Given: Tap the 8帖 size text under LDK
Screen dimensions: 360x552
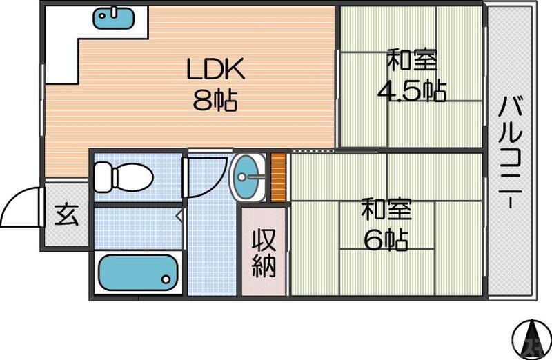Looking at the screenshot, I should point(215,101).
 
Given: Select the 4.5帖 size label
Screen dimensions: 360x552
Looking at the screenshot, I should point(410,90).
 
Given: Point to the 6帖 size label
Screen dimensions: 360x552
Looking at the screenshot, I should point(386,239).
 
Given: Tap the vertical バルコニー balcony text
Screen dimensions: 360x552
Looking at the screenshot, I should point(511,153).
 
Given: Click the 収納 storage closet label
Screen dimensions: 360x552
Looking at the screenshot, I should point(263,252).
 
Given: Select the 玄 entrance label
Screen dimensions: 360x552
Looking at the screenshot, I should point(66,215).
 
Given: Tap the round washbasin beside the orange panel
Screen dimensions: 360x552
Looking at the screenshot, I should point(247,177).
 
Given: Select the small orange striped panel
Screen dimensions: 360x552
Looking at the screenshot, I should point(278,177).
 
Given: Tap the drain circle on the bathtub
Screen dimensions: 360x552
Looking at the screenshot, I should point(166,279).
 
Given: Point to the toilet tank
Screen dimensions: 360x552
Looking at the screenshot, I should point(101,177).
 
